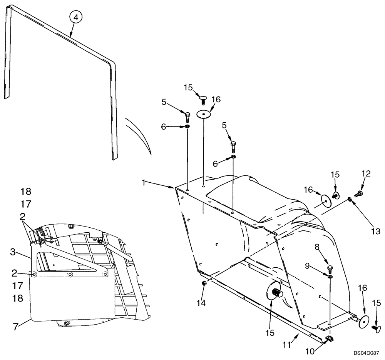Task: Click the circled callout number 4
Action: pyautogui.click(x=76, y=17)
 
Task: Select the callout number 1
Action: pyautogui.click(x=144, y=183)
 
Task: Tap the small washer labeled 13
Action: pyautogui.click(x=349, y=199)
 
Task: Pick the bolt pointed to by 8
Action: pyautogui.click(x=330, y=269)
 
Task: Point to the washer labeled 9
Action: pyautogui.click(x=330, y=276)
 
